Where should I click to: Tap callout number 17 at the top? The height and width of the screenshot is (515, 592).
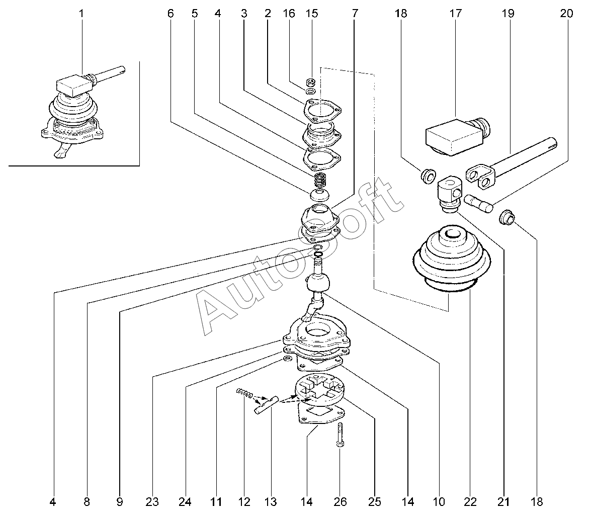tap(455, 14)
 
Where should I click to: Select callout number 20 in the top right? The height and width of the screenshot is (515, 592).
tap(566, 14)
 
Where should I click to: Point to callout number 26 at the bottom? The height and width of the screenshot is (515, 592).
tap(340, 501)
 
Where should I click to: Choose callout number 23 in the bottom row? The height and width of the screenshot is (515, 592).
tap(152, 501)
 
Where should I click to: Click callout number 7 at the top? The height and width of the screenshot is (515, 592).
tap(355, 14)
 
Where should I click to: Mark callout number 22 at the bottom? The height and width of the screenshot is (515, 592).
tap(470, 501)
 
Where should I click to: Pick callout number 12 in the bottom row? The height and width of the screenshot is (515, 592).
tap(244, 501)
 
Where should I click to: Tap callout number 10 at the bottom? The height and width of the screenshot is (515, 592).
tap(439, 501)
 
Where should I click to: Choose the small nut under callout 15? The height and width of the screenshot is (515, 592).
tap(311, 81)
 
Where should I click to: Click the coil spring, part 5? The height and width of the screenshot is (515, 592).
tap(320, 180)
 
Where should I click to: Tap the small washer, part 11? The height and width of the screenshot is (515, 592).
tap(287, 359)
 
